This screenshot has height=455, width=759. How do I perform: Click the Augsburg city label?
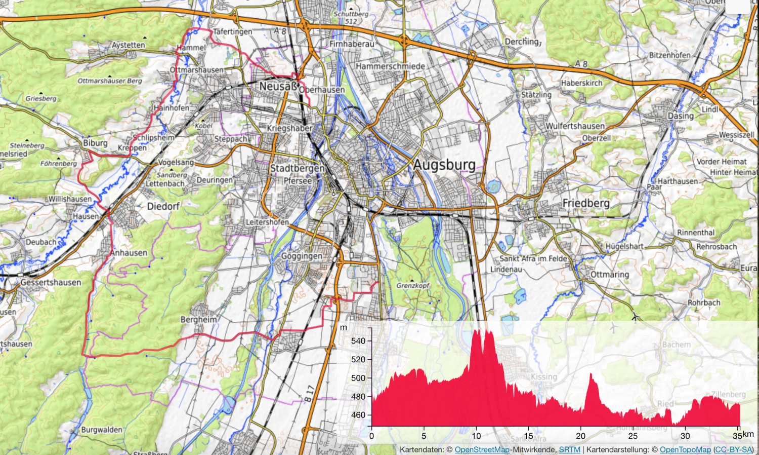[444, 165]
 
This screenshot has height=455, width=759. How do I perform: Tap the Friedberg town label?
[586, 203]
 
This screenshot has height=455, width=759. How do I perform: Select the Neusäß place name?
[278, 86]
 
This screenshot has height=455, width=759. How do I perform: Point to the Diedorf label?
[163, 206]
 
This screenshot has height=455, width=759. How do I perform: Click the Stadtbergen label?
[297, 168]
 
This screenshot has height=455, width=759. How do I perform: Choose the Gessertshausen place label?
[51, 282]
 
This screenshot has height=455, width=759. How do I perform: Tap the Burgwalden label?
[102, 430]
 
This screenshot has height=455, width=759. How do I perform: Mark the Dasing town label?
[681, 116]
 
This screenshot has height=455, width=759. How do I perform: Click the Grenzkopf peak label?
[412, 285]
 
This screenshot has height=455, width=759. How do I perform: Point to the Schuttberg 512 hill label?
[351, 17]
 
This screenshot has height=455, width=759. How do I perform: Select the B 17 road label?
[309, 394]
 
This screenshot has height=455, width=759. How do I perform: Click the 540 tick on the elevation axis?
[358, 341]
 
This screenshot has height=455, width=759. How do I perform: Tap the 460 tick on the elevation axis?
[358, 415]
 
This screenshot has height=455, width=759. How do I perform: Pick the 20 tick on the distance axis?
[580, 436]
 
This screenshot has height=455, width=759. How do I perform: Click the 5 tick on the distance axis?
[424, 436]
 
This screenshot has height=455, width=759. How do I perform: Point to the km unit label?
[748, 434]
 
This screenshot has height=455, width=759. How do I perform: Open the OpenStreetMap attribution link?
[482, 449]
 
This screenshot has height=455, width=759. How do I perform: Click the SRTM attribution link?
[569, 449]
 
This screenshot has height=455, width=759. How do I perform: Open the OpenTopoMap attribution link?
[685, 449]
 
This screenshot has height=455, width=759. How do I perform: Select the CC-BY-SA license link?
[733, 449]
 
